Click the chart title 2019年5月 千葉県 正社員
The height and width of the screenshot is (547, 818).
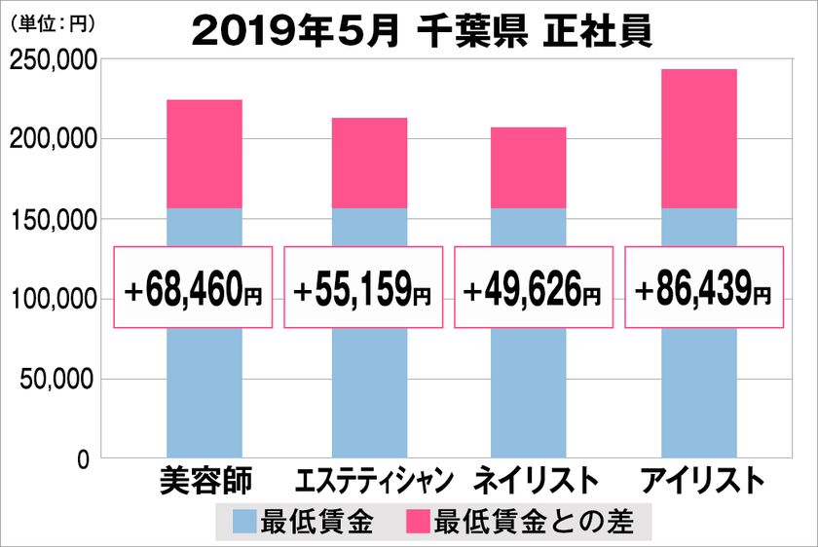pyautogui.click(x=421, y=31)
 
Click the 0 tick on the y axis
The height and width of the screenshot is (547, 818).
pyautogui.click(x=84, y=458)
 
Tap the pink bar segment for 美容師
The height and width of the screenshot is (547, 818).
pyautogui.click(x=204, y=154)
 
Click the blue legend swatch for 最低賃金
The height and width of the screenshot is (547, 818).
pyautogui.click(x=245, y=522)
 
